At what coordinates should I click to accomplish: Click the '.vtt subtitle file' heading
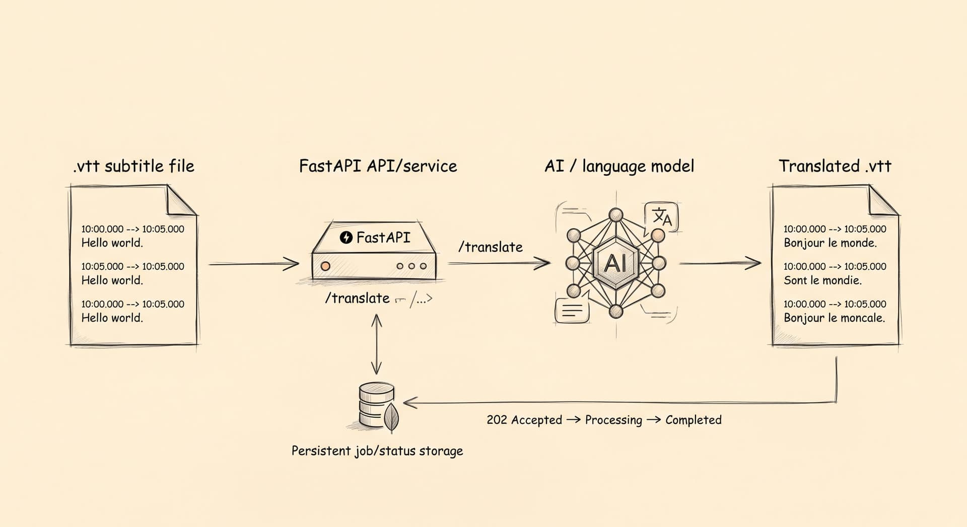click(x=133, y=166)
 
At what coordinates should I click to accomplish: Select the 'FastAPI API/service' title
click(x=378, y=166)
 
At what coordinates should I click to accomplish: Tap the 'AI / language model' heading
click(x=619, y=166)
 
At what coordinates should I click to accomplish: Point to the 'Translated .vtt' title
click(x=835, y=166)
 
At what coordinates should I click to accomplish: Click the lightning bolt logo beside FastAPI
click(x=346, y=237)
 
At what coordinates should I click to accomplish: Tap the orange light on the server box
click(x=325, y=265)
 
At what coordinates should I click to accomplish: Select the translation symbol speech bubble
click(x=661, y=217)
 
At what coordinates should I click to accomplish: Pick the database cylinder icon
click(x=376, y=405)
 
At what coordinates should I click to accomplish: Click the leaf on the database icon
click(x=391, y=416)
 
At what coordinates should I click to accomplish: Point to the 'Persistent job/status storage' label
click(x=377, y=450)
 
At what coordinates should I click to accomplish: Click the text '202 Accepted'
click(x=524, y=420)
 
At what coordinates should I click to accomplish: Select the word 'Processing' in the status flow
click(x=613, y=420)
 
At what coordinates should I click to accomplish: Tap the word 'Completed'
click(x=694, y=420)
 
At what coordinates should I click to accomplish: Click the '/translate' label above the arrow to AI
click(x=491, y=247)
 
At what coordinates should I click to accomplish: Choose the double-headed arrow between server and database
click(x=376, y=344)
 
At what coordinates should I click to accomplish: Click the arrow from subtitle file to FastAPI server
click(x=254, y=263)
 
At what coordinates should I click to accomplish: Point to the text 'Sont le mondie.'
click(x=822, y=280)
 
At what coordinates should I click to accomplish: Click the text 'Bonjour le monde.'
click(x=830, y=243)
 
